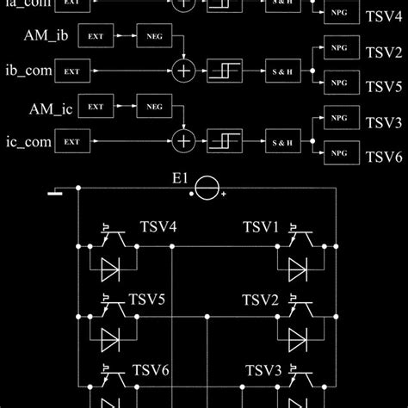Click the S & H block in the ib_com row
(x=280, y=68)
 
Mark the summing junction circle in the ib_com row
(x=182, y=68)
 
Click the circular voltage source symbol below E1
(x=205, y=190)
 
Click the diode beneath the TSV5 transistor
(x=110, y=337)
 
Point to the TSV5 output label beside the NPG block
(x=384, y=87)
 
